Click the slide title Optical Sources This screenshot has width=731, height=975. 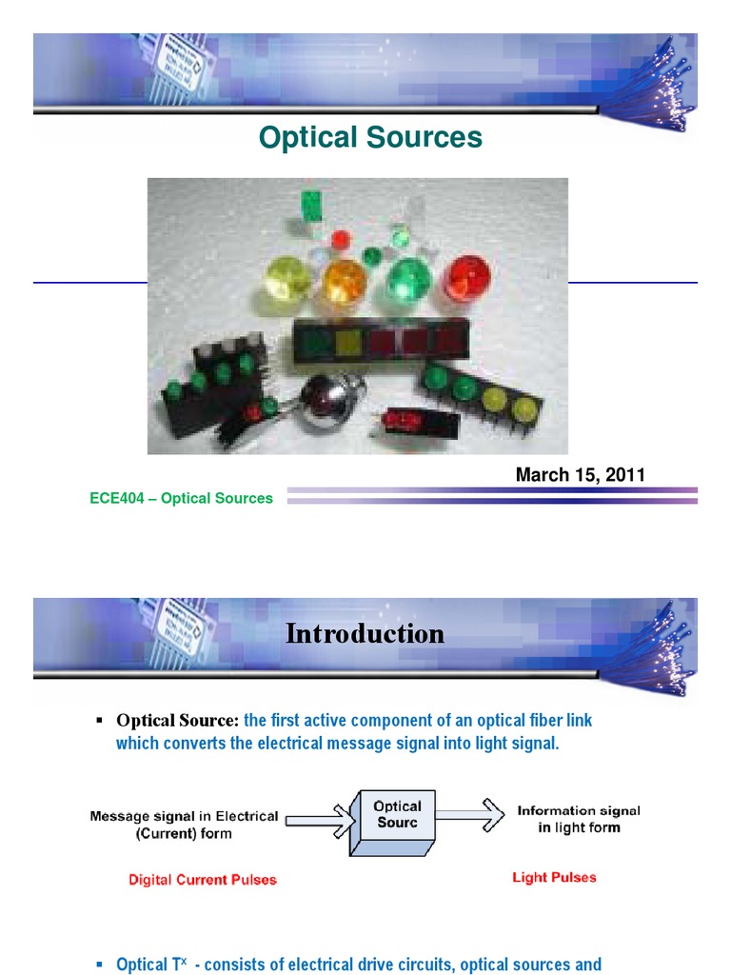(370, 138)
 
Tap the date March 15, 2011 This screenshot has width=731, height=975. (580, 474)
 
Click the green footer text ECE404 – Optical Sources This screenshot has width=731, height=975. (181, 498)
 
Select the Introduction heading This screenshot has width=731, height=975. (365, 634)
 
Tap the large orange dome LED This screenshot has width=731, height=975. (345, 283)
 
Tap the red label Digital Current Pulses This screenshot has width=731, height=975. (203, 880)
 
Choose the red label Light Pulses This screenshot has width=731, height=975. (554, 877)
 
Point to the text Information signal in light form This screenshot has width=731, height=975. (579, 819)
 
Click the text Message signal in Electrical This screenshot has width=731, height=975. (185, 816)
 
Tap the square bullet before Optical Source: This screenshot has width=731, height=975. (99, 719)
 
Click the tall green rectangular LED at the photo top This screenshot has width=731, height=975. (310, 205)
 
